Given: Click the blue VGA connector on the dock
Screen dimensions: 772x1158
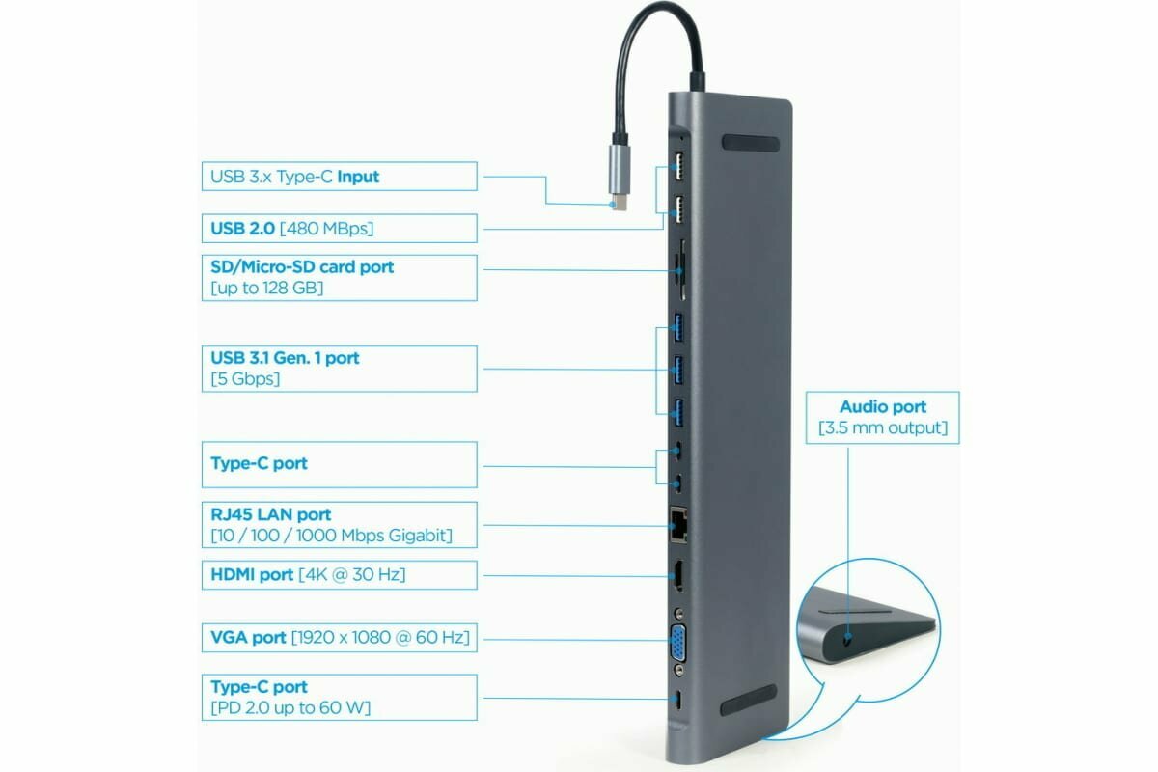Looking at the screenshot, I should (x=679, y=641).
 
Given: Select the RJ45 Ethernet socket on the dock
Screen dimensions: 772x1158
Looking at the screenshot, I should (x=677, y=526).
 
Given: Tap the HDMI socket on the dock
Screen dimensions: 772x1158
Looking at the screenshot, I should (x=678, y=576).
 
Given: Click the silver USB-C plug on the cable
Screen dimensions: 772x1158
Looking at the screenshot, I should (x=619, y=175).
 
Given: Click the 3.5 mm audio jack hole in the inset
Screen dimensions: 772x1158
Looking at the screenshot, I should (x=847, y=639).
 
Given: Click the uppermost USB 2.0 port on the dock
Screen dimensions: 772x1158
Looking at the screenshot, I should (x=678, y=163).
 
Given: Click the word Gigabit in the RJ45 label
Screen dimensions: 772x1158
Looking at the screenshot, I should (x=418, y=536).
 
